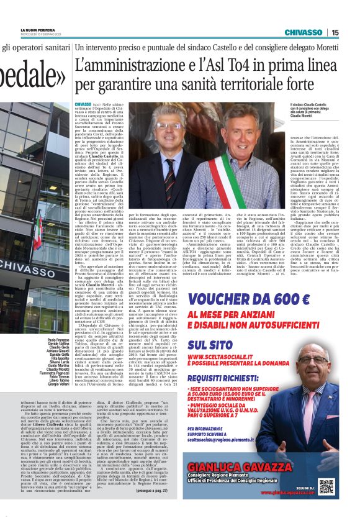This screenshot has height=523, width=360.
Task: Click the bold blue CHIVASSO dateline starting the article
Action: (83, 105)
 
